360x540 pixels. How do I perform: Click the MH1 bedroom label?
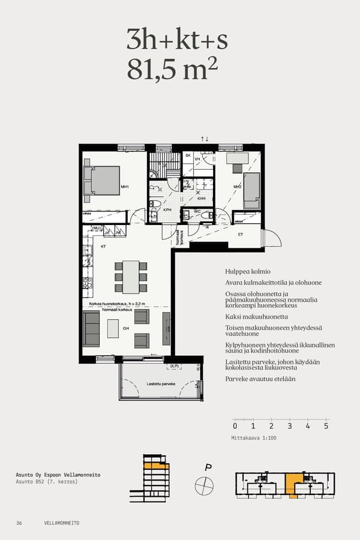tap(125, 187)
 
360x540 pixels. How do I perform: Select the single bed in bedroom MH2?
tap(251, 190)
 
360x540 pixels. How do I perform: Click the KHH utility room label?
tap(202, 199)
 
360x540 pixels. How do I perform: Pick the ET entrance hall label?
tap(241, 234)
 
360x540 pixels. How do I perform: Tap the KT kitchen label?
tap(103, 247)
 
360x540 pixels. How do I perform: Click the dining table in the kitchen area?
tap(131, 277)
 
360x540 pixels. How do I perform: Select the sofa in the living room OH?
tap(91, 329)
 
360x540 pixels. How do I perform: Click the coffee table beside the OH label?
tap(113, 328)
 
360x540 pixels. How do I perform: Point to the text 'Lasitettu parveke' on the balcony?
tap(160, 383)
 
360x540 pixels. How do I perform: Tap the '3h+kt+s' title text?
tap(177, 40)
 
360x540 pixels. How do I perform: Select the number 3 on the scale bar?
tap(289, 426)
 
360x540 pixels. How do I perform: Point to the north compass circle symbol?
tap(205, 484)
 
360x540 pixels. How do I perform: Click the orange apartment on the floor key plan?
tap(293, 483)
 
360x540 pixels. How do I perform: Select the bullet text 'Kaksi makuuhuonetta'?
tap(257, 316)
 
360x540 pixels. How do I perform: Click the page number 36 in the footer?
tap(19, 523)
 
